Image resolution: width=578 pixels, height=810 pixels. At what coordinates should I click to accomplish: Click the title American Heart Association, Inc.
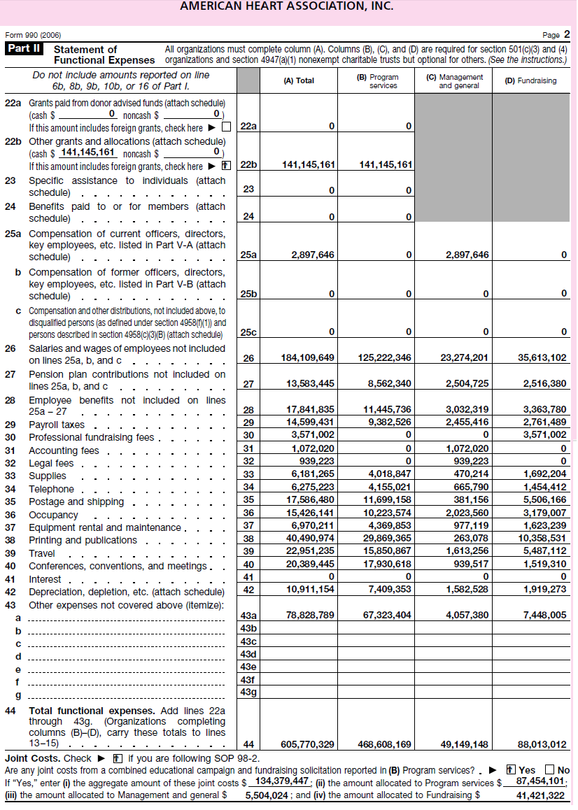point(286,7)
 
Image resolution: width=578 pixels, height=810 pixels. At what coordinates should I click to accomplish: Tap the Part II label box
point(24,49)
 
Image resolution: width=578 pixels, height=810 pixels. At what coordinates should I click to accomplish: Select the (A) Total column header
point(299,80)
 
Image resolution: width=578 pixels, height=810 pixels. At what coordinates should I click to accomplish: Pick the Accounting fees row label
point(64,450)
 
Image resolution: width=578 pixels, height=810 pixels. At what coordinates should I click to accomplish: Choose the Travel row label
point(43,553)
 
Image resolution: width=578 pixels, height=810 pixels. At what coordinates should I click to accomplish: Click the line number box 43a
point(248,616)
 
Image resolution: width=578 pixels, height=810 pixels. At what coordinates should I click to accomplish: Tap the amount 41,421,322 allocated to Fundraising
point(540,795)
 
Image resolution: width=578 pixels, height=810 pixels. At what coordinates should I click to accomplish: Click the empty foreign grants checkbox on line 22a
point(226,127)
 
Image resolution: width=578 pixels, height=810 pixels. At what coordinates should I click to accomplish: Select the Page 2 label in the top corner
point(556,34)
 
